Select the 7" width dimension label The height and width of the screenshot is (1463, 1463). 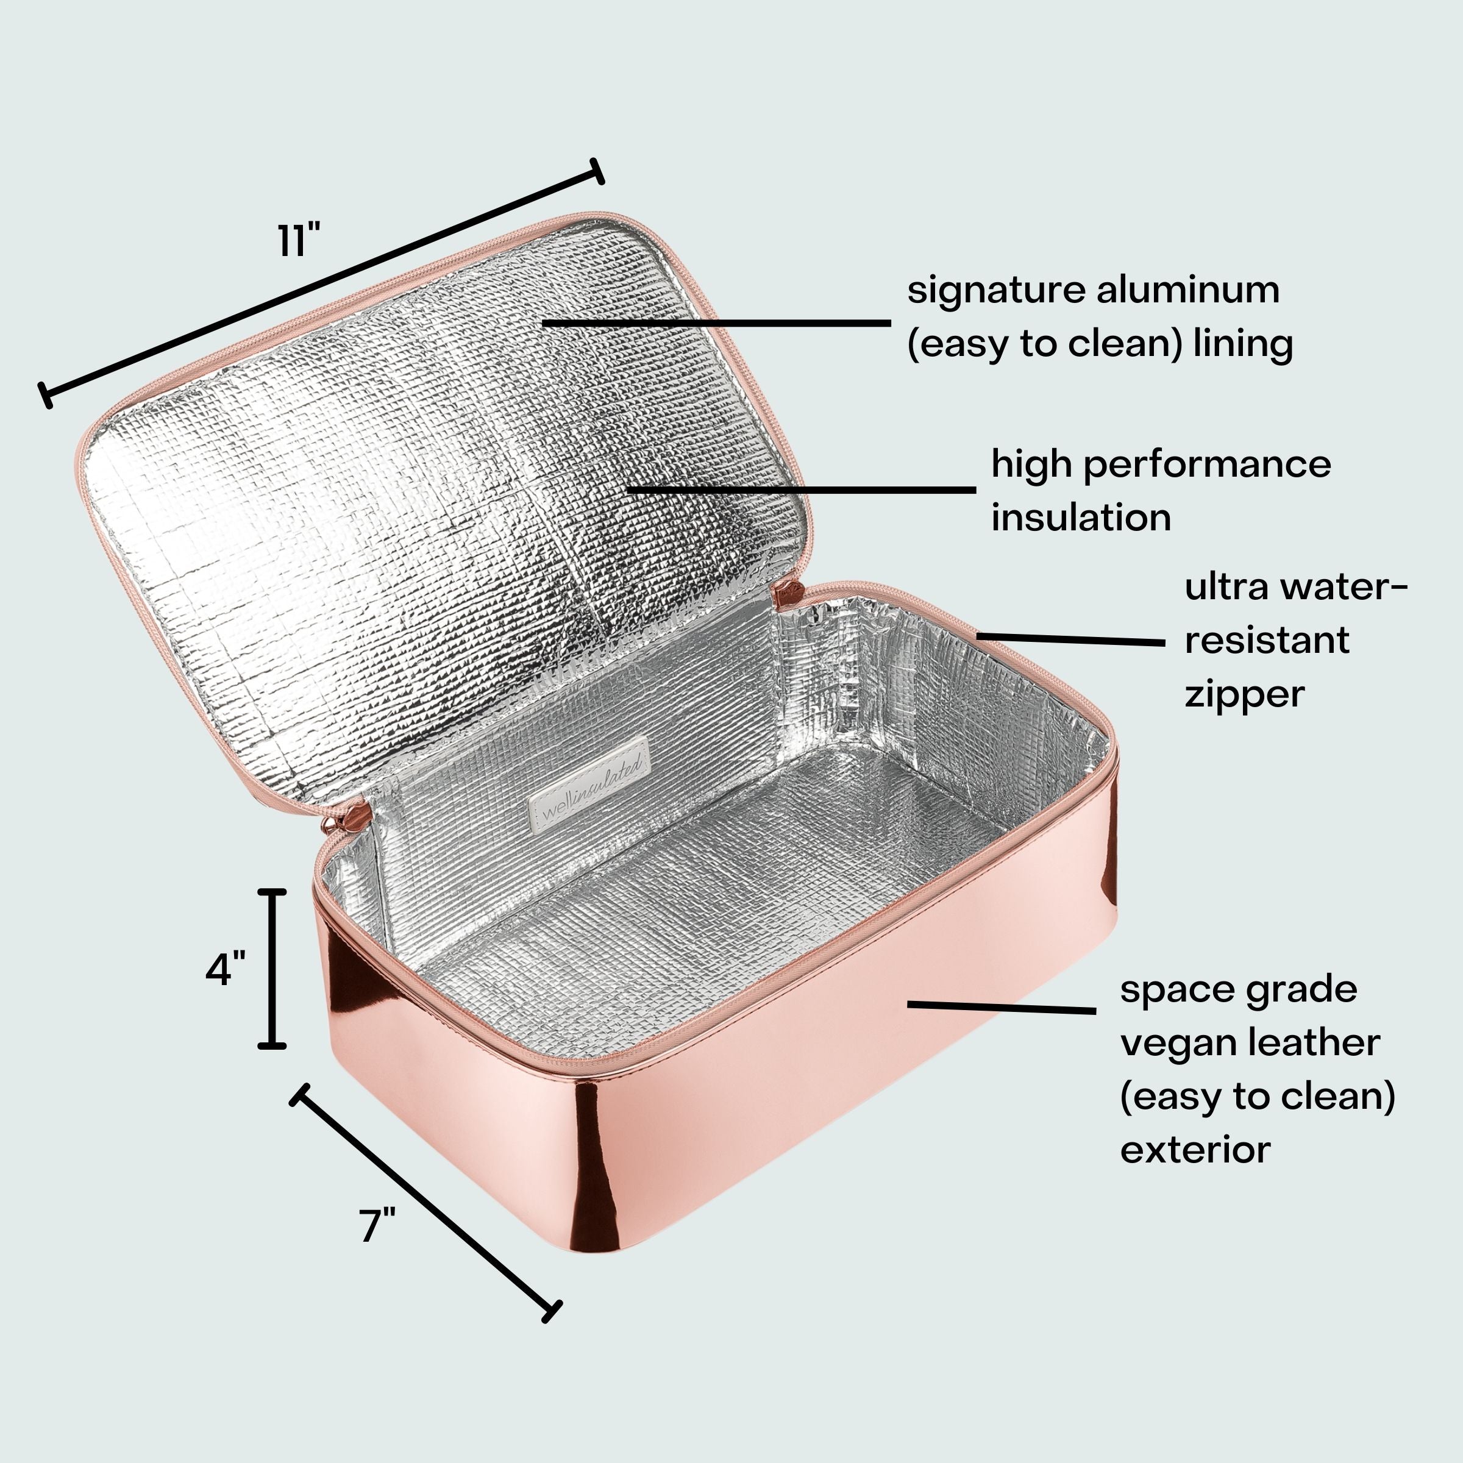(x=377, y=1225)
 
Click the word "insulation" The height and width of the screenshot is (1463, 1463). (x=1081, y=518)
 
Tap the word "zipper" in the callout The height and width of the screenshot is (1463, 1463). (x=1244, y=694)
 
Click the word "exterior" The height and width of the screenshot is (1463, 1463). (x=1195, y=1150)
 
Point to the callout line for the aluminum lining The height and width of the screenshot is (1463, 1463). (x=716, y=322)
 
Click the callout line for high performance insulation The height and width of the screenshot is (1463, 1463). (x=801, y=490)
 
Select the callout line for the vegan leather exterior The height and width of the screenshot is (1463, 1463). (x=1001, y=1007)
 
